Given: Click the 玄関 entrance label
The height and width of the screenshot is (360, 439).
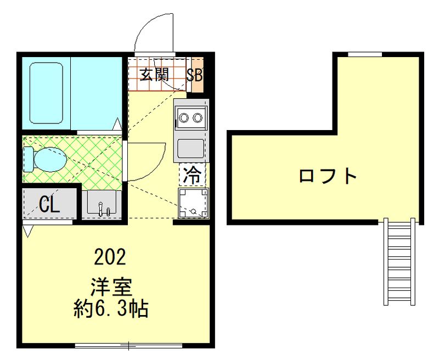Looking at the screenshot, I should (x=154, y=75).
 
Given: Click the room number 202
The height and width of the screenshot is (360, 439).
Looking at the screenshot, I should (x=110, y=256).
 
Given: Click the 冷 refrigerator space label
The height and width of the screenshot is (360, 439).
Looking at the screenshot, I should (x=192, y=175).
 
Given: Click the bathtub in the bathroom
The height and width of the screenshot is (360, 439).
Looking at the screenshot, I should (x=47, y=92).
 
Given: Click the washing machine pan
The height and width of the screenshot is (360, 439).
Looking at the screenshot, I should (x=193, y=203).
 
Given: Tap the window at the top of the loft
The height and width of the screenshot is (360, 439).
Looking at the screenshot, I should (x=365, y=54).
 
